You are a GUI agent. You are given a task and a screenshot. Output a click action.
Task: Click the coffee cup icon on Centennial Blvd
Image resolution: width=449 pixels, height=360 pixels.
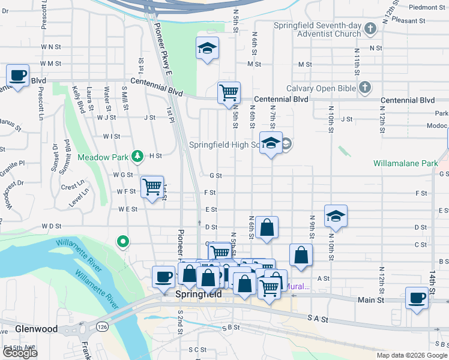[17, 76]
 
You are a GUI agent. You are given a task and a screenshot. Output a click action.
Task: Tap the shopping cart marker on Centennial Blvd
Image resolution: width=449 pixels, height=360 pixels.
[229, 92]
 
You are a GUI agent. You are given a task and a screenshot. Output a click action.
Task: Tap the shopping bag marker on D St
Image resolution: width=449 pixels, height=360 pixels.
[267, 227]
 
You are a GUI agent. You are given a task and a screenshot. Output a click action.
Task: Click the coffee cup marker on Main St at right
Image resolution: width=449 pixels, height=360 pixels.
[417, 298]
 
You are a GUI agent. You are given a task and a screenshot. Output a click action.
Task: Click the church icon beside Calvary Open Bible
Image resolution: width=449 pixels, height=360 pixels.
[364, 88]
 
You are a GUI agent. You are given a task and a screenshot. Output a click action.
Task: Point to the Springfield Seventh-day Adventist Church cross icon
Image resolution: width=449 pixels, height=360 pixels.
[370, 29]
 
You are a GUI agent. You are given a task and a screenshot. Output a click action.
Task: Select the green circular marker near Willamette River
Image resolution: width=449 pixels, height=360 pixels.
[123, 242]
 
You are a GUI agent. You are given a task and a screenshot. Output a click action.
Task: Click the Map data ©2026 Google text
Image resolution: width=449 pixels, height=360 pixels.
[411, 355]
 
